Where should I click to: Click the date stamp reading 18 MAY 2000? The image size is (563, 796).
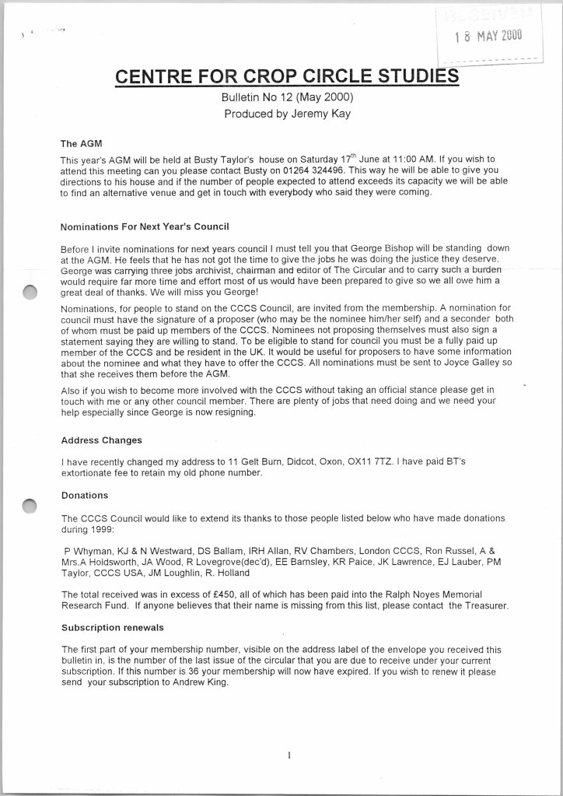point(489,34)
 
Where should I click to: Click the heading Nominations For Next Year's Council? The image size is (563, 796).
point(145,227)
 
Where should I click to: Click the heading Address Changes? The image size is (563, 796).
point(101,440)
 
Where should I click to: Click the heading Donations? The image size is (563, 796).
point(85,495)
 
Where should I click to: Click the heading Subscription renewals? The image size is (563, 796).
point(112,627)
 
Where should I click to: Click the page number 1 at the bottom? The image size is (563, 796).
point(288,754)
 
